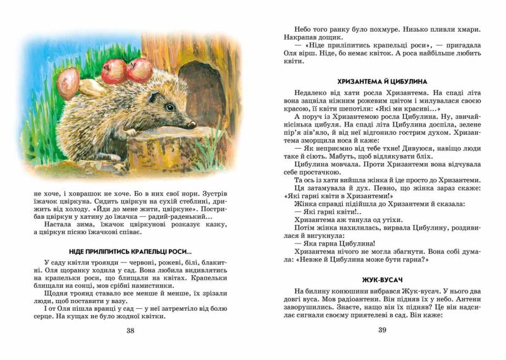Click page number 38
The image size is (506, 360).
tap(130, 330)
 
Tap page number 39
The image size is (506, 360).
tap(382, 330)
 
